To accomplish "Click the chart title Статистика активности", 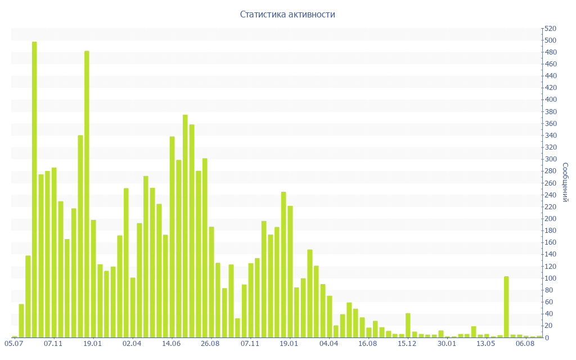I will coord(287,15).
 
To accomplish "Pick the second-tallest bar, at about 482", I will coord(87,194).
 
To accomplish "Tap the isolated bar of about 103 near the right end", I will coord(506,307).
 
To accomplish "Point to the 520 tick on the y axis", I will coord(550,29).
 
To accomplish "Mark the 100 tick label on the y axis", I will coord(550,278).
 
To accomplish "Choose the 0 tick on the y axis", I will coord(546,337).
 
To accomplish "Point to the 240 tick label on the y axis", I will coord(550,195).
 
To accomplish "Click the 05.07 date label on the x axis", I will coord(13,344).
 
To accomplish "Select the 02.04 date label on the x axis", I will coord(132,344).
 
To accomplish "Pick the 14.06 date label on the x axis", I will coord(171,344).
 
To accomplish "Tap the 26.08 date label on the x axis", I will coord(210,344).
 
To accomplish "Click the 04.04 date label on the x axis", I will coord(328,344).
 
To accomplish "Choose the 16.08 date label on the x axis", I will coord(368,344).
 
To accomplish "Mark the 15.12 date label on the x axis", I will coord(407,344).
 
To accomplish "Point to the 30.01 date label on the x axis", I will coord(447,344).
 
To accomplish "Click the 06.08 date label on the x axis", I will coord(525,344).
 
